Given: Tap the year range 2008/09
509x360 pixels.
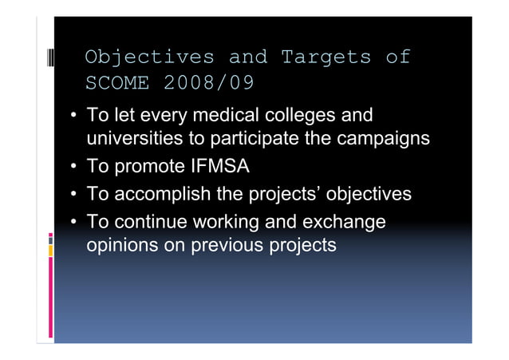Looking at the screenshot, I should pos(208,82).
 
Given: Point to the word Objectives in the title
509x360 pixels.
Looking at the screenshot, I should pos(150,57).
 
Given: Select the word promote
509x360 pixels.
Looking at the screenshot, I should pos(147,167).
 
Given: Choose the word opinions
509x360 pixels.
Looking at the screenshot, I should pos(121,245).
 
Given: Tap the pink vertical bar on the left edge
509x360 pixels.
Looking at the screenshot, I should pos(51,299).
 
